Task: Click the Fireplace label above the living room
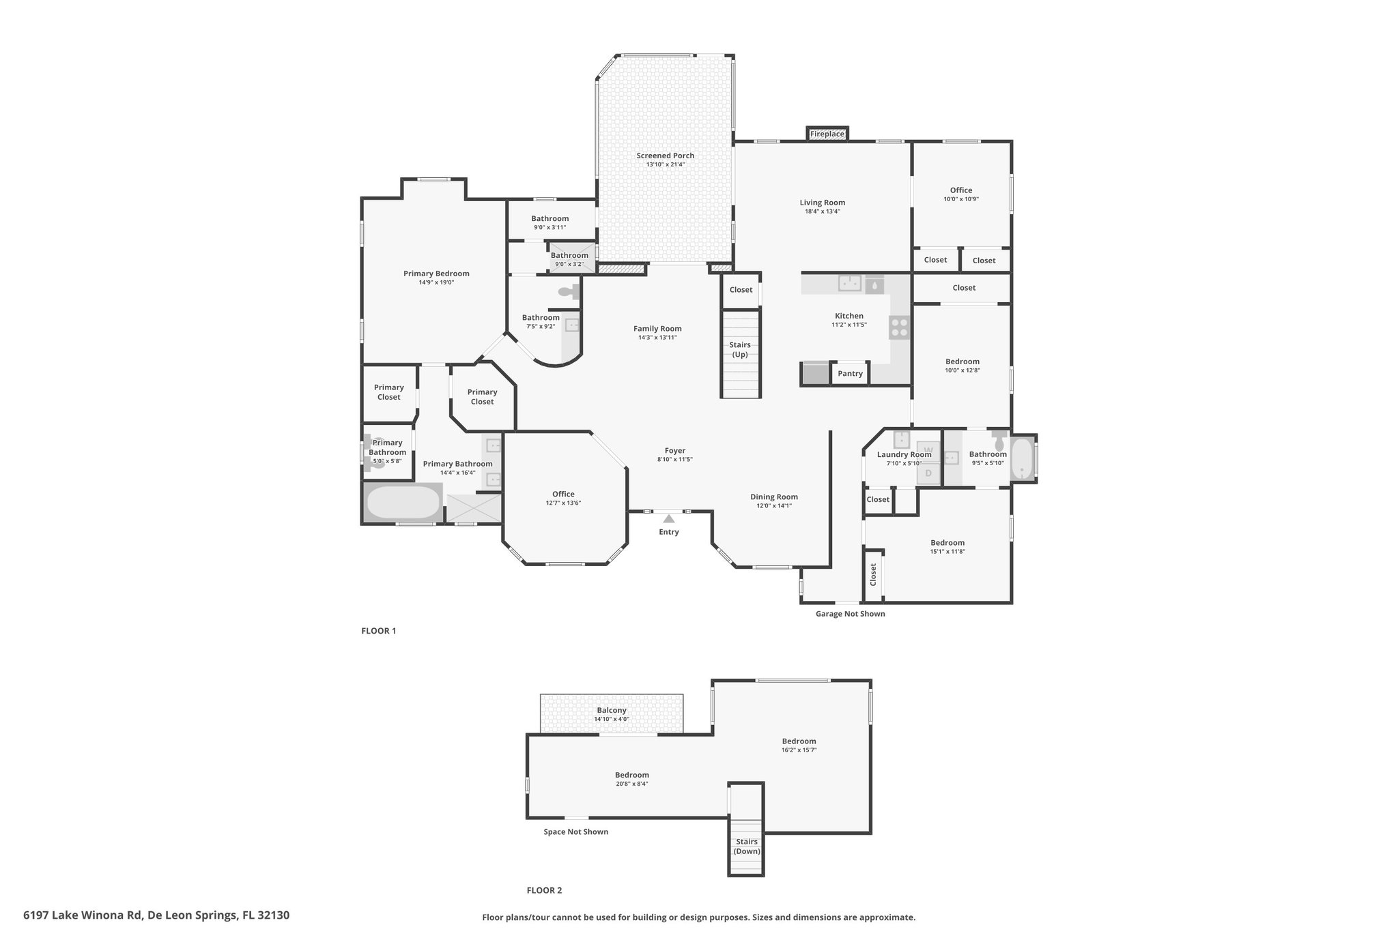827,134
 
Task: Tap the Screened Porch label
666,156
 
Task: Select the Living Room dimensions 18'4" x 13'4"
823,211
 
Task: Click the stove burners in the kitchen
900,327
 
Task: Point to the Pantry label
850,374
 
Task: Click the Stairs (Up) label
740,350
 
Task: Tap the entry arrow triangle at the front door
669,518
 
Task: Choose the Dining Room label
774,497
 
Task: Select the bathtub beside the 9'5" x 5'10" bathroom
1022,459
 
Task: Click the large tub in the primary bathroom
403,503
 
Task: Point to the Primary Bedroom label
436,274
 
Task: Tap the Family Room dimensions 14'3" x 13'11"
657,338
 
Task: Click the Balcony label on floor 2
612,710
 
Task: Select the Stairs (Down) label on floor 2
747,846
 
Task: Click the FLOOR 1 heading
379,631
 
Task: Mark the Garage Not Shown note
851,614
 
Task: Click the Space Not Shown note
576,832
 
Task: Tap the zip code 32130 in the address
274,915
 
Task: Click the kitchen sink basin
849,283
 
